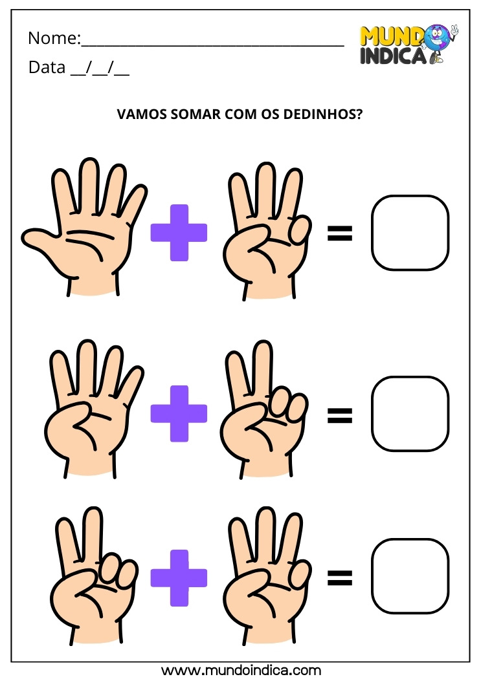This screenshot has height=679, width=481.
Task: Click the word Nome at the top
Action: pyautogui.click(x=52, y=39)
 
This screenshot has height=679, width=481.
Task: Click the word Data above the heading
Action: pyautogui.click(x=46, y=67)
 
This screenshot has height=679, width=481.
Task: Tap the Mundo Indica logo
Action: pyautogui.click(x=408, y=44)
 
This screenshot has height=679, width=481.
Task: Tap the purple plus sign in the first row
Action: pyautogui.click(x=179, y=233)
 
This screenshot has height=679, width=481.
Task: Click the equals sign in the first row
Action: pyautogui.click(x=340, y=233)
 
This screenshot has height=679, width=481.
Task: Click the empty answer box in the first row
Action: pyautogui.click(x=410, y=233)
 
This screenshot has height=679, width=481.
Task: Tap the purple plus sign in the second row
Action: pyautogui.click(x=179, y=414)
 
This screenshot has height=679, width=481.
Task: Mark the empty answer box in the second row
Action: pyautogui.click(x=410, y=414)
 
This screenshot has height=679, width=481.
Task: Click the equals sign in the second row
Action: pyautogui.click(x=340, y=415)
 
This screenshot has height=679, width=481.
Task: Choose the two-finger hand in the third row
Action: pyautogui.click(x=87, y=579)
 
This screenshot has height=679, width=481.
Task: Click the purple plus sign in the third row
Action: pyautogui.click(x=179, y=578)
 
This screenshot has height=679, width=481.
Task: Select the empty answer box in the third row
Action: pyautogui.click(x=410, y=577)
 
